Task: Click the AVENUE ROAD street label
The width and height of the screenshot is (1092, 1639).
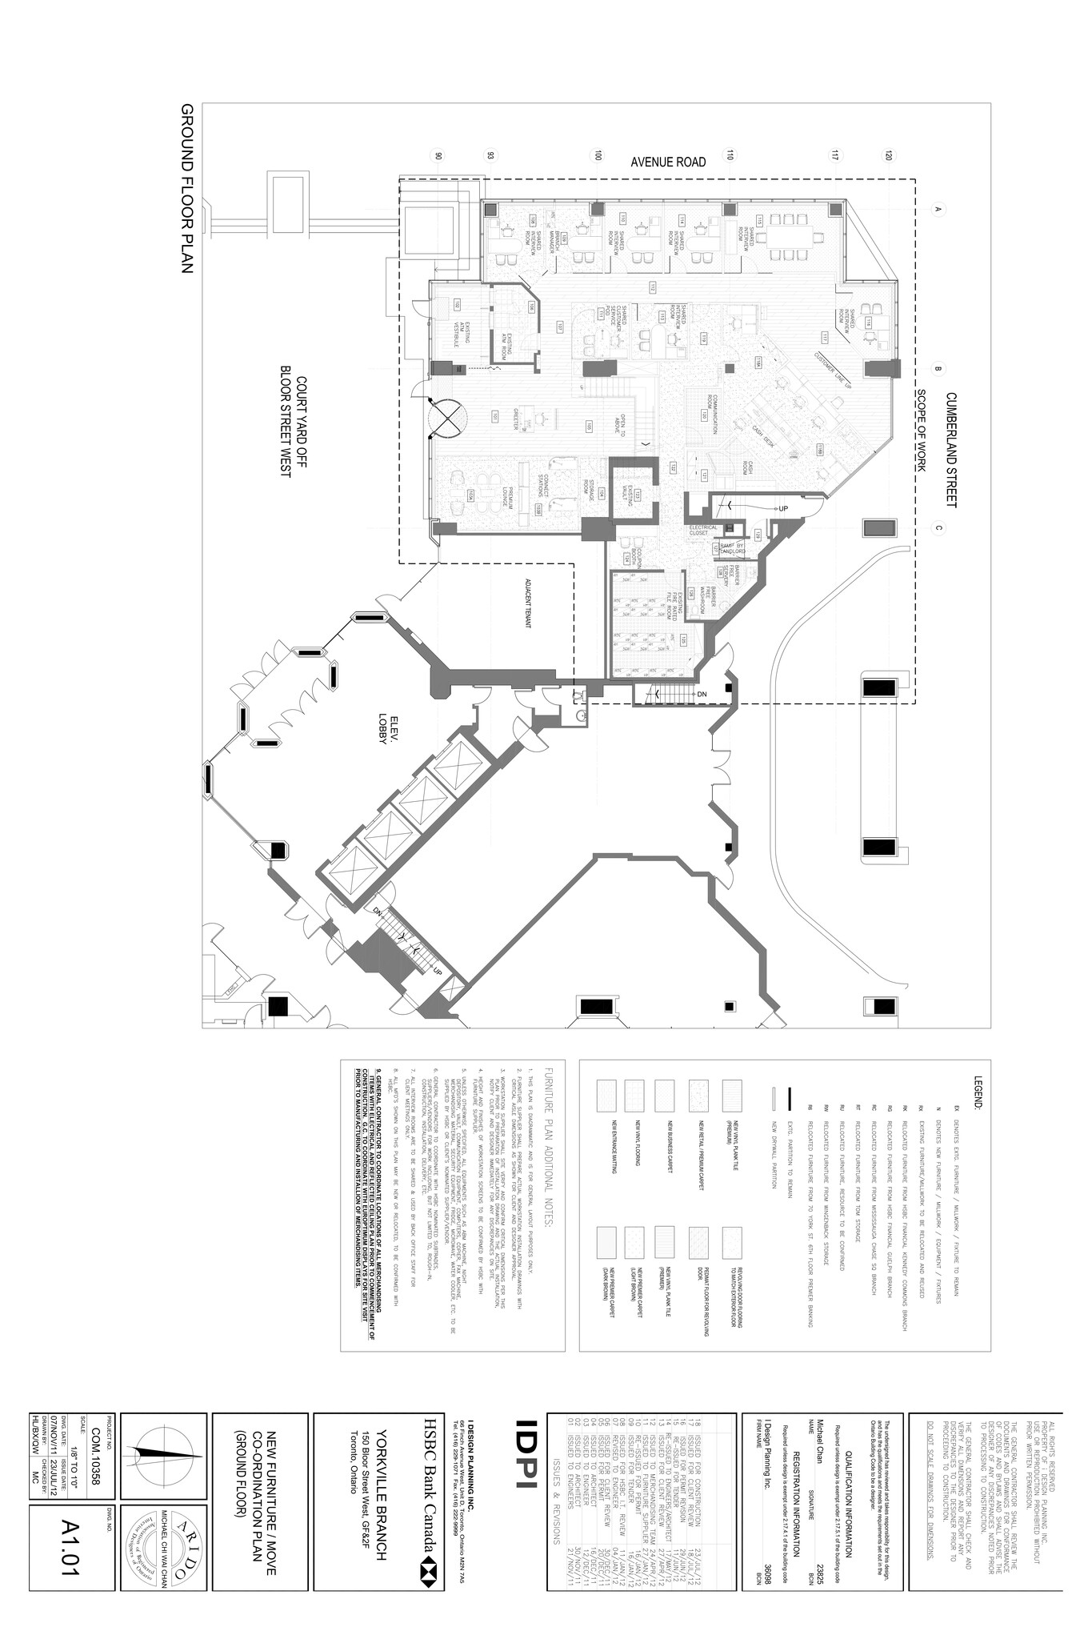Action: pos(668,162)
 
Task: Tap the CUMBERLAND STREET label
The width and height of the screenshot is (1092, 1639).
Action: pos(950,449)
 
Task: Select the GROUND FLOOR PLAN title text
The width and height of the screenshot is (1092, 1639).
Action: pos(186,189)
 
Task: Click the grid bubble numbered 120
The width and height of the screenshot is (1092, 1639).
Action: pos(888,157)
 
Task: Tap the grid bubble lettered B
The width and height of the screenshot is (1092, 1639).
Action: pos(938,369)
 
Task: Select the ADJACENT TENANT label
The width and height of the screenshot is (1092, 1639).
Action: pos(528,605)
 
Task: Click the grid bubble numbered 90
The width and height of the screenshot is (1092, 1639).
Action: pos(438,157)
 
